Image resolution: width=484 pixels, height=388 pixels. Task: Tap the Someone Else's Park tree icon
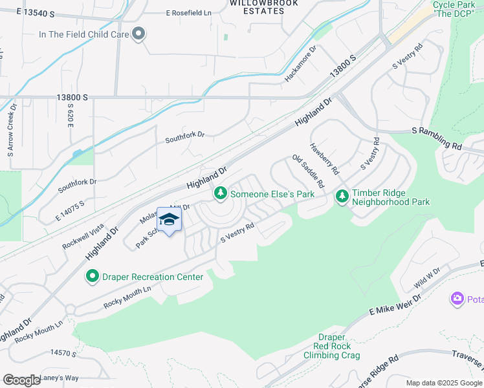pos(220,193)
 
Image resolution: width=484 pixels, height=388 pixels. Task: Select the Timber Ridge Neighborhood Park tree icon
pos(342,195)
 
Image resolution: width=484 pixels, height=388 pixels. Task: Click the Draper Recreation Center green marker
pos(92,277)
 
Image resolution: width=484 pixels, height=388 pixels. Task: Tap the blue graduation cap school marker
pos(170,220)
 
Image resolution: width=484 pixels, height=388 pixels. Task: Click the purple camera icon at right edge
pos(457,298)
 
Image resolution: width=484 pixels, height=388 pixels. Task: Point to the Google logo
pos(21,380)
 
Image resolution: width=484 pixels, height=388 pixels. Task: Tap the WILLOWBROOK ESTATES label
pos(258,6)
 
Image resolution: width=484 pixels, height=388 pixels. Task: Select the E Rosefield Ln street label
pos(188,13)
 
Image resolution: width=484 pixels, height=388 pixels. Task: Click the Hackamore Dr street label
pos(301,63)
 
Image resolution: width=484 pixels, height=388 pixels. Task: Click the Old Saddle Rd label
pos(308,171)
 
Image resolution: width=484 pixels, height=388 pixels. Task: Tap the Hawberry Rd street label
pos(324,159)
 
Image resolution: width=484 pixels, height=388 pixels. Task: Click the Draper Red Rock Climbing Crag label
pos(331,346)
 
